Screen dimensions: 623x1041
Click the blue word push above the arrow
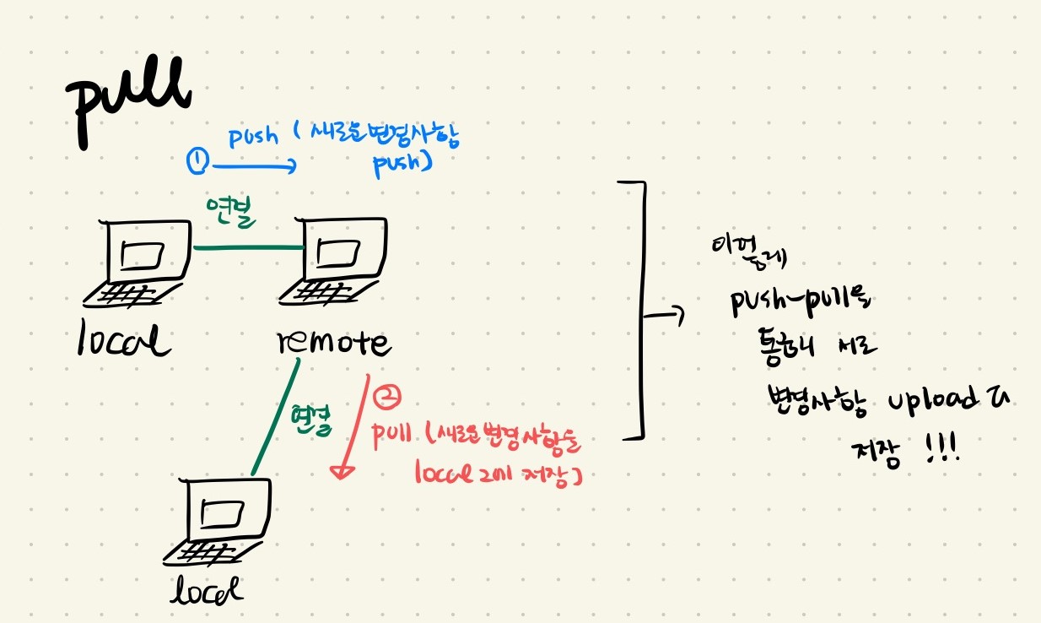[253, 136]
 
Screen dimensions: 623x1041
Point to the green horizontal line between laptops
[249, 247]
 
